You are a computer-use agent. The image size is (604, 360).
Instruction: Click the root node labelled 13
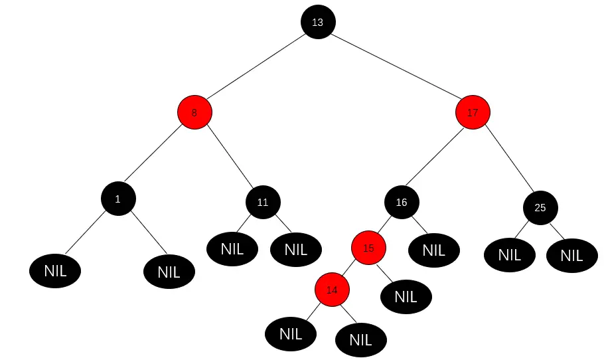(x=317, y=22)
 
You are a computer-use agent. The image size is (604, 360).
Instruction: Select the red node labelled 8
(x=194, y=112)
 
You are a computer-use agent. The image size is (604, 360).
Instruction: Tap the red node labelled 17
(x=473, y=112)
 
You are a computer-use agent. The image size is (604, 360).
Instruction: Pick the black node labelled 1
(x=118, y=199)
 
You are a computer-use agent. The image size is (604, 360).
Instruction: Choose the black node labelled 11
(x=263, y=202)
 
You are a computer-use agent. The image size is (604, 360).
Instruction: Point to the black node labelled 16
(x=402, y=202)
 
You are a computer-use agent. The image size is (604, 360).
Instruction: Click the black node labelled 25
(x=540, y=207)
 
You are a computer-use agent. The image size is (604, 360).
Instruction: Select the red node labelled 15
(x=369, y=248)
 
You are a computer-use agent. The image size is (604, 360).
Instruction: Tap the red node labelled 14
(x=332, y=290)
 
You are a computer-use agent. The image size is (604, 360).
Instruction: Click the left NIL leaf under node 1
(x=55, y=270)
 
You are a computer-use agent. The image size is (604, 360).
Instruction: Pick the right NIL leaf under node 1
(x=169, y=272)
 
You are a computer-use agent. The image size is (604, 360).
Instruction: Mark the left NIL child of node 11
(x=232, y=249)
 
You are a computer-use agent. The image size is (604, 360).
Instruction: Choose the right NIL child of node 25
(x=571, y=255)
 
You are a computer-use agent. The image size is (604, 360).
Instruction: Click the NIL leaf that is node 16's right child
(x=433, y=250)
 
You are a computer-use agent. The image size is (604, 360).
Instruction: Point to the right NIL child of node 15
(x=406, y=296)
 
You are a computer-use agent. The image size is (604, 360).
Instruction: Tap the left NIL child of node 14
(x=291, y=334)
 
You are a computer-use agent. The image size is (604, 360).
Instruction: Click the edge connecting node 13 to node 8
(x=256, y=67)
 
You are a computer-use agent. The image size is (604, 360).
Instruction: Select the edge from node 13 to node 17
(x=395, y=67)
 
